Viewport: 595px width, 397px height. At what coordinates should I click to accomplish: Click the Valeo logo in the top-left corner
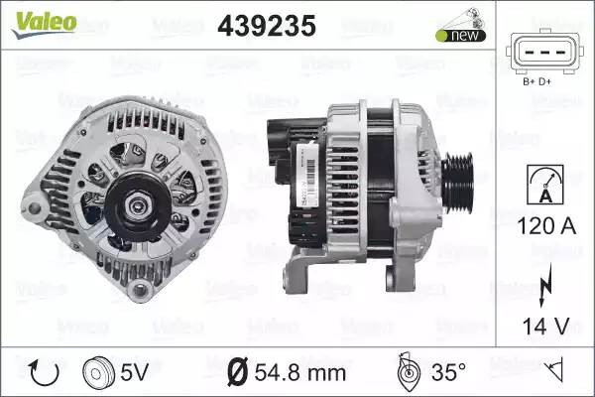(x=45, y=24)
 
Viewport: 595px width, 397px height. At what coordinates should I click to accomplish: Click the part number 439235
(x=267, y=26)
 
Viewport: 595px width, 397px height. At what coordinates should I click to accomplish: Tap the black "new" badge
(x=461, y=36)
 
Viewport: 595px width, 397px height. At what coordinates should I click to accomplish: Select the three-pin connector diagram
(x=544, y=53)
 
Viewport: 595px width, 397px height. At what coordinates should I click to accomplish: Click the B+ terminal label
(x=529, y=81)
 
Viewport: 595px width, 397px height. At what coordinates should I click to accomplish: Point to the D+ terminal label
(x=544, y=81)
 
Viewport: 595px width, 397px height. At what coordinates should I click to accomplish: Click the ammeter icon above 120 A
(x=545, y=185)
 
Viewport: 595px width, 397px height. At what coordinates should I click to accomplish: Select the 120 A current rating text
(x=546, y=226)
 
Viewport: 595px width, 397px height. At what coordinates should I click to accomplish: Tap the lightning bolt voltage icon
(x=545, y=285)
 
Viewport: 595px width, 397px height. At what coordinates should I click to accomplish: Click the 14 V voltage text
(x=546, y=327)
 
